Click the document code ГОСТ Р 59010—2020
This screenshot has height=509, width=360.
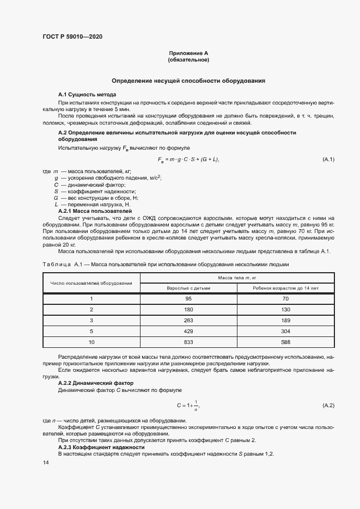point(72,37)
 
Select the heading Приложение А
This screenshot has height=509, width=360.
point(188,53)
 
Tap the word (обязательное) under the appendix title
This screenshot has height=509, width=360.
point(188,60)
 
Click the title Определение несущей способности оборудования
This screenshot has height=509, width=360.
point(188,81)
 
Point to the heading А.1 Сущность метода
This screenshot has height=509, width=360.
point(87,95)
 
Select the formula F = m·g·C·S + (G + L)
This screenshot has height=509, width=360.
point(188,160)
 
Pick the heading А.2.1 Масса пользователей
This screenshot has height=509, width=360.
point(95,210)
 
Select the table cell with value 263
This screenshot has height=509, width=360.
point(189,320)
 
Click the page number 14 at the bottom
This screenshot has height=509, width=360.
point(46,462)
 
